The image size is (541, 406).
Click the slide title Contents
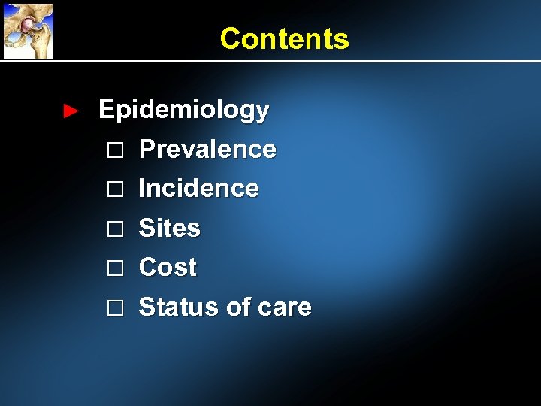(x=284, y=38)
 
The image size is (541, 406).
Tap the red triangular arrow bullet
(x=70, y=111)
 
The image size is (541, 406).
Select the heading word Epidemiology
(x=183, y=111)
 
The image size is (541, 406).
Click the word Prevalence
(x=207, y=150)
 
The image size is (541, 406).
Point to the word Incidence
(x=199, y=189)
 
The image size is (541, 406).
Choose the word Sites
(x=170, y=228)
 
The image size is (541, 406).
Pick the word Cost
(x=168, y=267)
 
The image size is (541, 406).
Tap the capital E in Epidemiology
(x=107, y=110)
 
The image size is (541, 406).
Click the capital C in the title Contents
(x=229, y=38)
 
